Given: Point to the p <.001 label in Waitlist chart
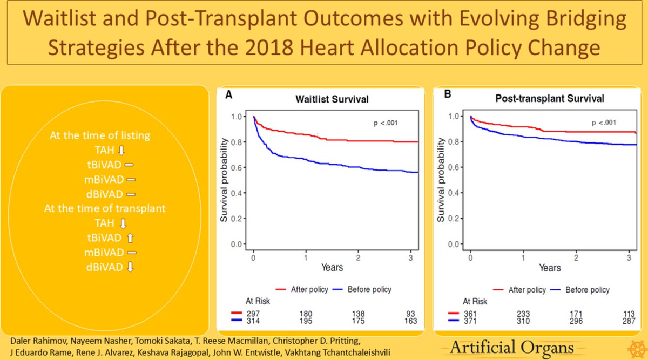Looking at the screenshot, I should [x=380, y=123].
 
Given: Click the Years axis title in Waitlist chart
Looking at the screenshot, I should [x=332, y=268].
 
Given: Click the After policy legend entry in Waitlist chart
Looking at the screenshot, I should [x=304, y=290].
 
